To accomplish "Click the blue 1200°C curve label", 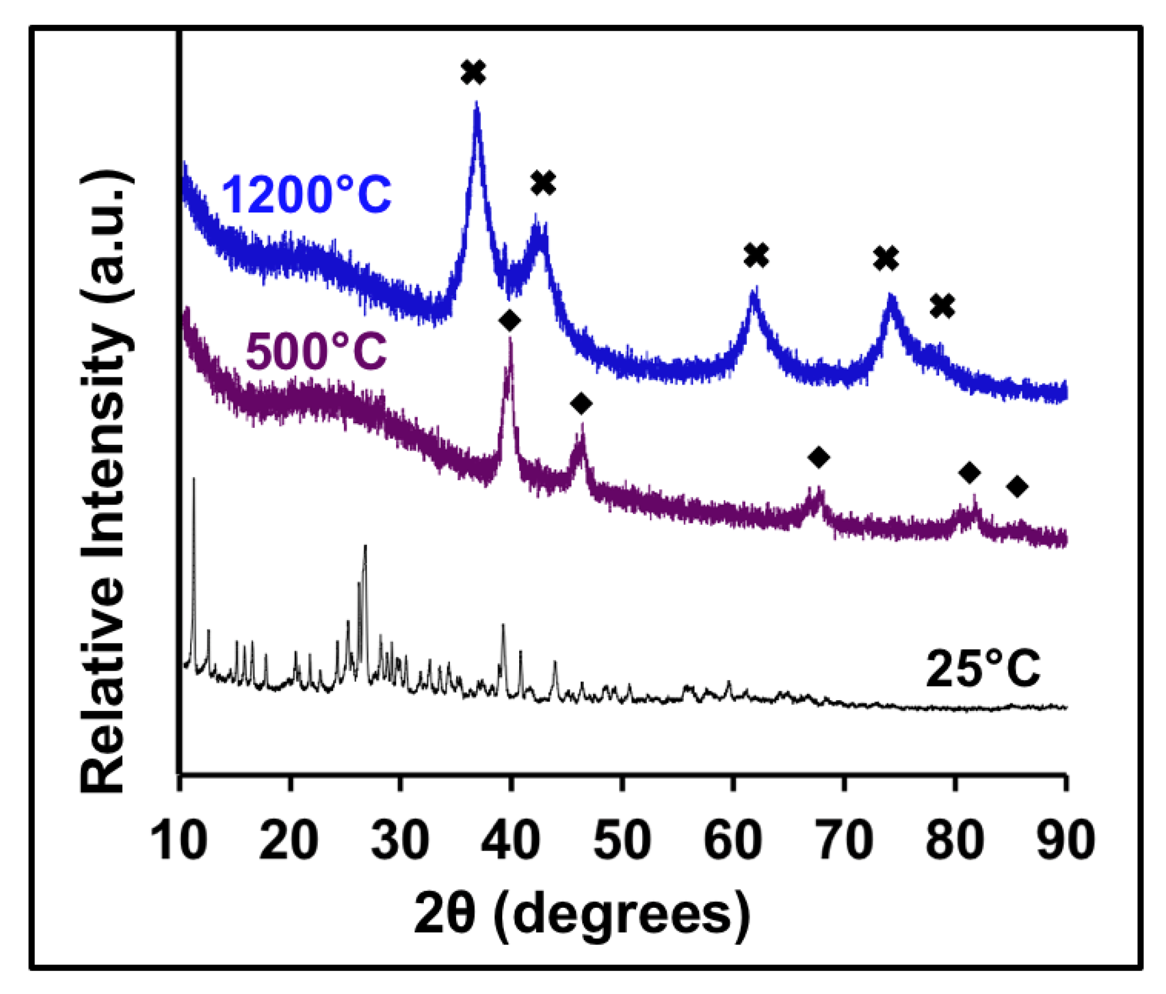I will [306, 195].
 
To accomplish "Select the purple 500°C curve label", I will [316, 352].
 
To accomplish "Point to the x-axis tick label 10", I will [179, 840].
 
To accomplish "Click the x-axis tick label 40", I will [511, 840].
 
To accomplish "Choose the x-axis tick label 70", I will [844, 840].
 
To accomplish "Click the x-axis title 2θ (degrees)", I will [582, 912].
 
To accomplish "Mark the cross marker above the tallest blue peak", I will [473, 73].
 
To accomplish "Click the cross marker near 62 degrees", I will [756, 255].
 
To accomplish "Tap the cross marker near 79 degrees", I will [942, 306].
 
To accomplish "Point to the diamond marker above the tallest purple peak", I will [510, 321].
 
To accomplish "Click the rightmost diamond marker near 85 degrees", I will [1017, 486].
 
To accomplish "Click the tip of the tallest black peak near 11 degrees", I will [194, 480].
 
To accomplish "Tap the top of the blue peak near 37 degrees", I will [477, 104].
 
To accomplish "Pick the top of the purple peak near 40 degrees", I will [510, 339].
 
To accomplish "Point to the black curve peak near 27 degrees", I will [365, 546].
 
